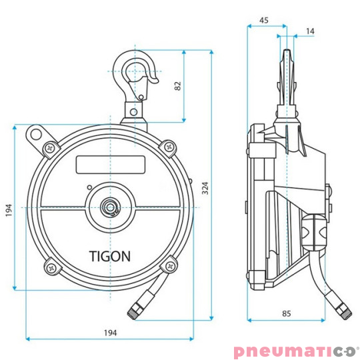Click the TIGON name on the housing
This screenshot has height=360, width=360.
(109, 255)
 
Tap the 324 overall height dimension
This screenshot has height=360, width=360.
(205, 189)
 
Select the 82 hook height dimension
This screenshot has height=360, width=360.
(177, 87)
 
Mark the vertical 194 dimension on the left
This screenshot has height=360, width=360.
(8, 211)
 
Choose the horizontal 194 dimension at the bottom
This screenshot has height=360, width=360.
(110, 332)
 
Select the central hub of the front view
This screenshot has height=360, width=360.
(109, 207)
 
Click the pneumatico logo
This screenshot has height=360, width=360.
(296, 351)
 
